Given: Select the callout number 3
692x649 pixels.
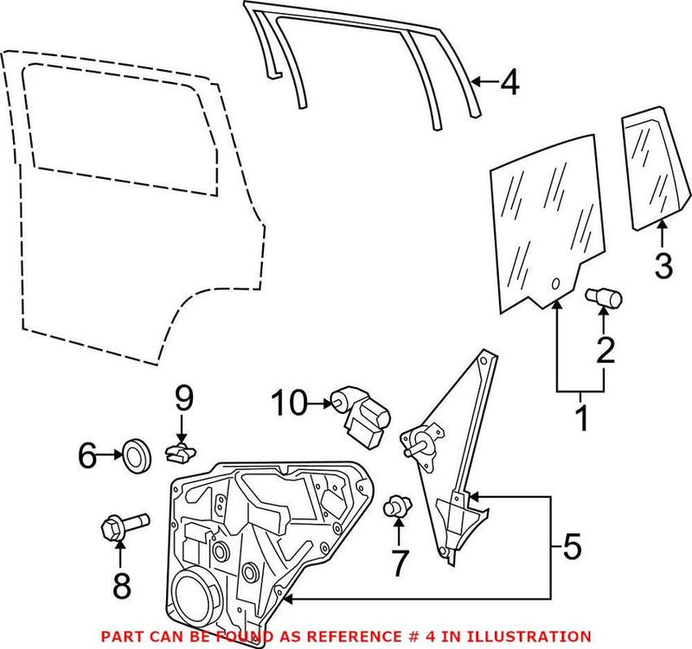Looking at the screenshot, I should [x=662, y=264].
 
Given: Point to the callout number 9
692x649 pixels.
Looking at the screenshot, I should [x=183, y=398].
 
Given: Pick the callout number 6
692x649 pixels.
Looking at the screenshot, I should [x=87, y=455].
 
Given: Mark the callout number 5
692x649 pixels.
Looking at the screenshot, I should [x=572, y=546].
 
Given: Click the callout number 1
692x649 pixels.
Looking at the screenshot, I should [x=580, y=418].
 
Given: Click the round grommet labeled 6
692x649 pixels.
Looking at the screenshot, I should [x=137, y=455].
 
